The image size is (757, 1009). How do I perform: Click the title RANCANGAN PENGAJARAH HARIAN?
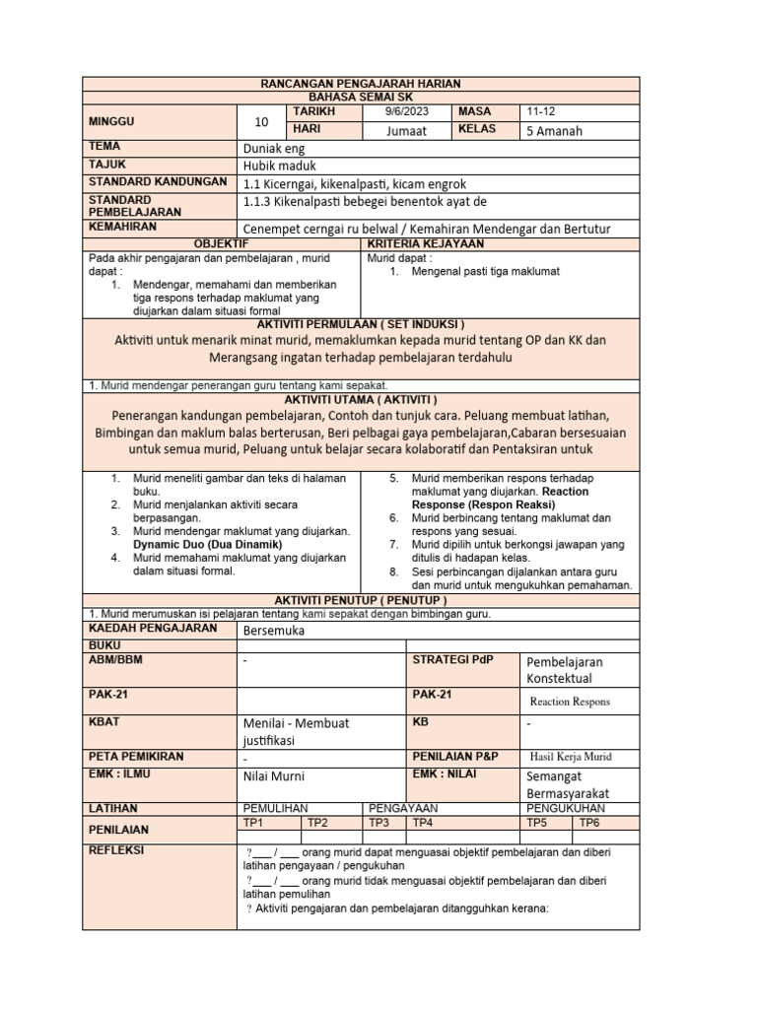coord(360,85)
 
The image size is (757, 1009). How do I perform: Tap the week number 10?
coord(261,122)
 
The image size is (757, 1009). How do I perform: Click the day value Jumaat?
coord(406,131)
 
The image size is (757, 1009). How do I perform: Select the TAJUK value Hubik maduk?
coord(280,166)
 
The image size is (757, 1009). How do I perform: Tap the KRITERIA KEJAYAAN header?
coord(425,243)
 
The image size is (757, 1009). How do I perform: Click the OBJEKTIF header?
coord(221,243)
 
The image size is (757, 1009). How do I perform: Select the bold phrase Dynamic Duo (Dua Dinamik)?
coord(208,544)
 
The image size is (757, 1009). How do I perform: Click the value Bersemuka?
coord(274,630)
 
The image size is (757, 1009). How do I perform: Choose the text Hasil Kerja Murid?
coord(571,757)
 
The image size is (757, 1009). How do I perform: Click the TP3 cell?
coord(379,822)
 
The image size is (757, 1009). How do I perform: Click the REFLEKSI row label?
coord(116,849)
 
